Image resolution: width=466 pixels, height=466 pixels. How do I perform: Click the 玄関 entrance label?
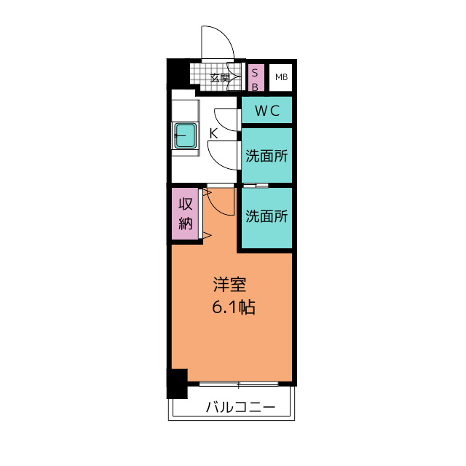(220, 77)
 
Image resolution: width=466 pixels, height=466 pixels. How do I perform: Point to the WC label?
(266, 111)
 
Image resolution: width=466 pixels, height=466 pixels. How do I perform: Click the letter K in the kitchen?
(213, 133)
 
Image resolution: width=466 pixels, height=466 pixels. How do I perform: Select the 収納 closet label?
(185, 214)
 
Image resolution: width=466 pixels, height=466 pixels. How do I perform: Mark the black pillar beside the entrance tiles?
(177, 74)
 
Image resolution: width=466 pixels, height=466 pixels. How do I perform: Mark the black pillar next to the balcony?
(176, 384)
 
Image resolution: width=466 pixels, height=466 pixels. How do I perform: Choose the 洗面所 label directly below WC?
(266, 155)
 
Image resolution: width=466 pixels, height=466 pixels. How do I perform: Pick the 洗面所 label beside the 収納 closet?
(266, 216)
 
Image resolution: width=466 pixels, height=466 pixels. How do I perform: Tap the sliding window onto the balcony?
(238, 384)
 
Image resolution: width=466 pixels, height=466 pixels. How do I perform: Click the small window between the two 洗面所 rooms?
(256, 186)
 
